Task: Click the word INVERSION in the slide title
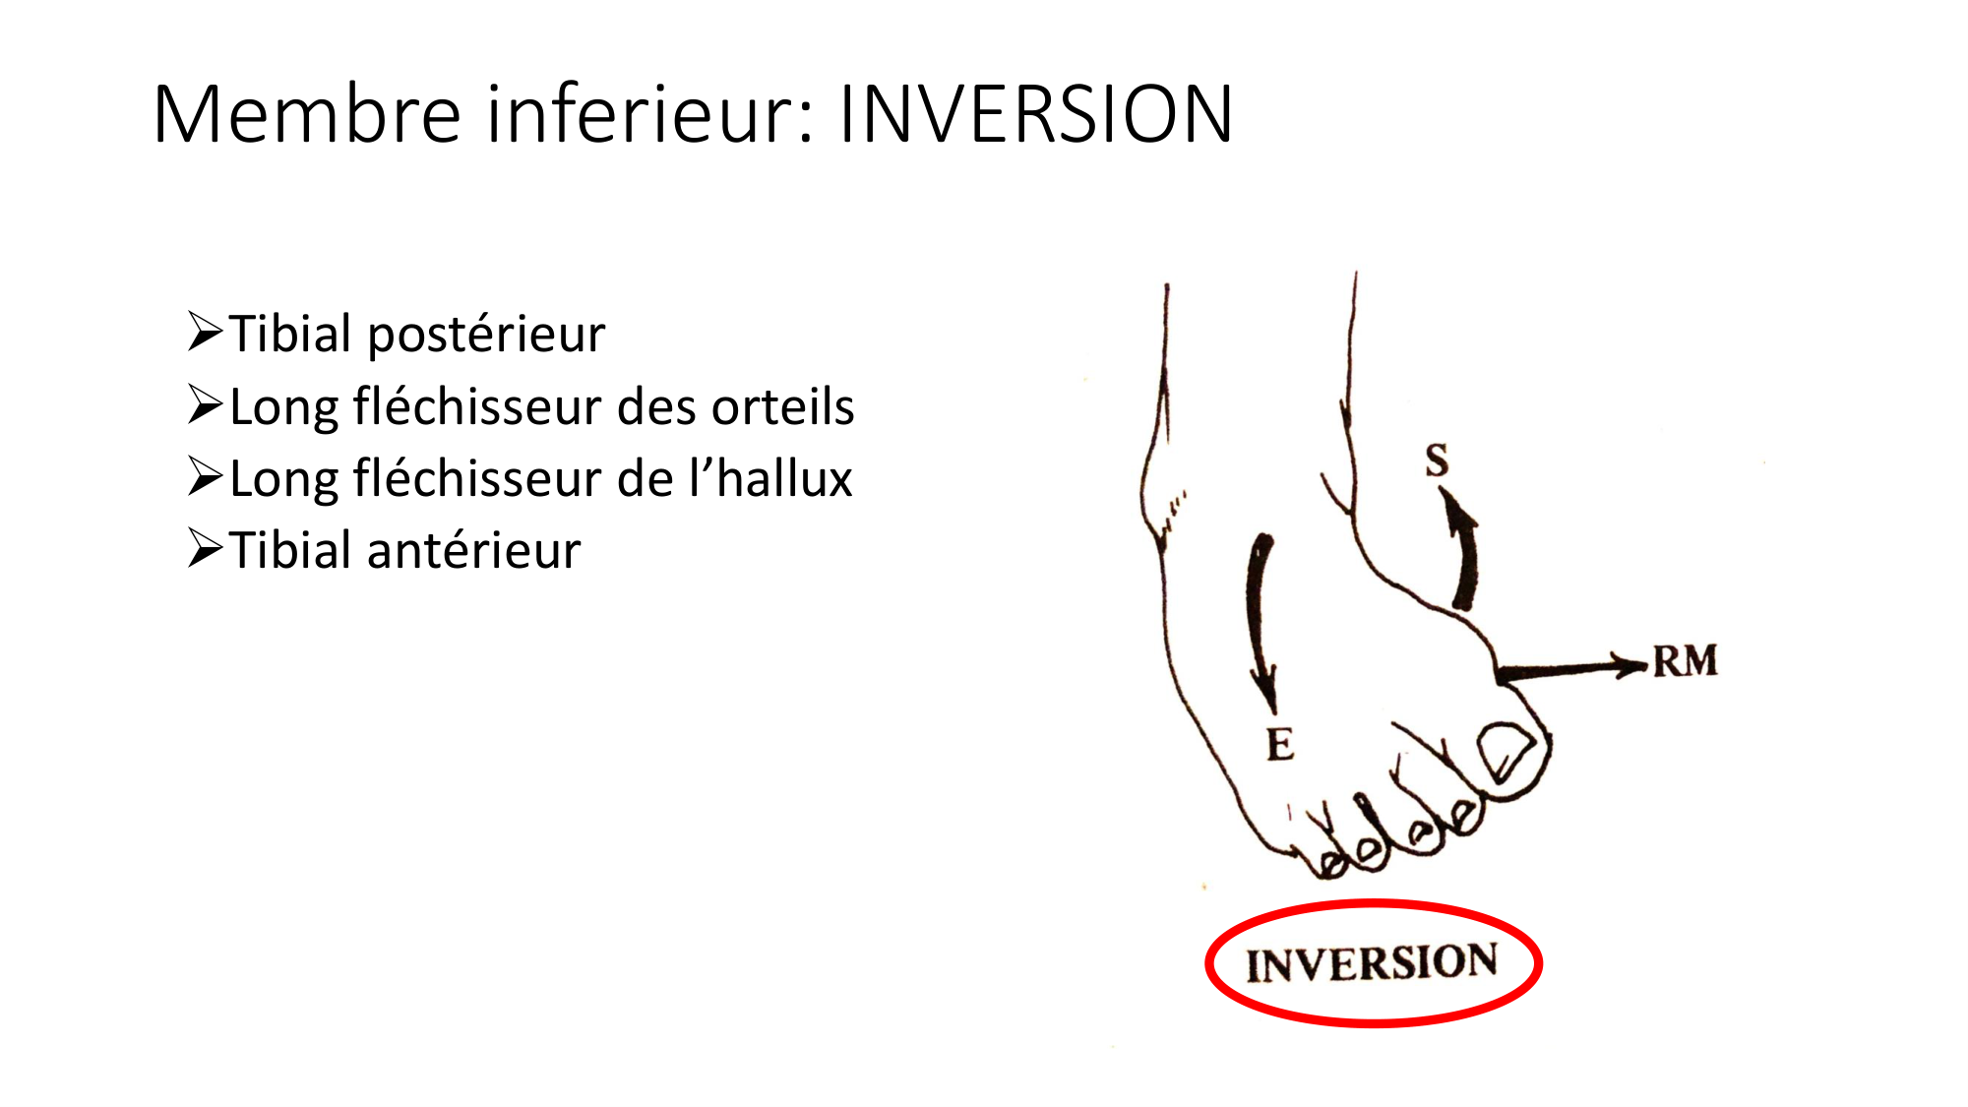(x=1035, y=114)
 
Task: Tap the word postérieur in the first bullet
(x=486, y=335)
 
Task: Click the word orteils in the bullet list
(x=783, y=406)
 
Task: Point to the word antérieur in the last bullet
(x=473, y=550)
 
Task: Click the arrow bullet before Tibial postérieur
(x=206, y=332)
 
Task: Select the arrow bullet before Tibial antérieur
(x=206, y=548)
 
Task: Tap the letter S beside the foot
(x=1438, y=461)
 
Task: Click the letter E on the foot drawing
(x=1280, y=745)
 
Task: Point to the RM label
(x=1685, y=661)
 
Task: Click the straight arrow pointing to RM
(x=1571, y=669)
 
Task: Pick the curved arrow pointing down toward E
(x=1257, y=620)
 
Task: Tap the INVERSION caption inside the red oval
(x=1372, y=963)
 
